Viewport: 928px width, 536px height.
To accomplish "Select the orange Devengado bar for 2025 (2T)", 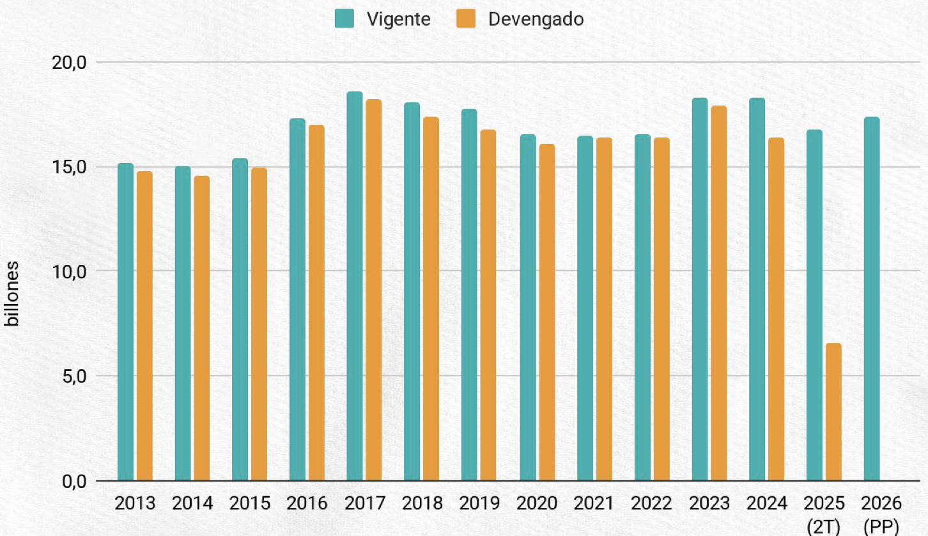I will pos(833,412).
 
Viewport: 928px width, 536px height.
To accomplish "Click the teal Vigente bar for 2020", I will pos(527,307).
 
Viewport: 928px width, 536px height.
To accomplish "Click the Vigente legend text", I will pos(399,19).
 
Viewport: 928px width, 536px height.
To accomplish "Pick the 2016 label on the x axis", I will pos(307,503).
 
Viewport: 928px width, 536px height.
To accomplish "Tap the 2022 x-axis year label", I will pos(651,503).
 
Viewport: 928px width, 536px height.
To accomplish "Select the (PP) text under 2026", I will pos(881,527).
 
